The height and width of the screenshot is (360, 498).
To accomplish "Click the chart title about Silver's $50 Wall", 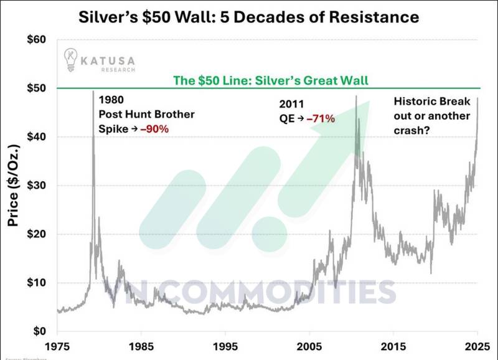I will (x=249, y=15).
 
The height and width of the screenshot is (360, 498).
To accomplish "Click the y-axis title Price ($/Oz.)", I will (x=13, y=186).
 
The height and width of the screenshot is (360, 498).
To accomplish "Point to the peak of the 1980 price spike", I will (x=93, y=92).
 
